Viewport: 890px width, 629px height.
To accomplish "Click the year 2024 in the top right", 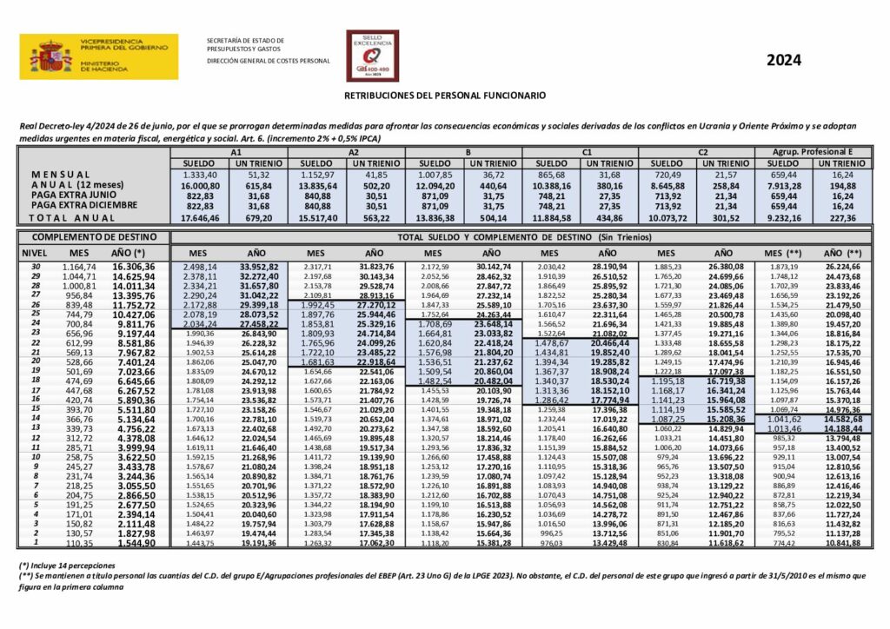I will [x=783, y=60].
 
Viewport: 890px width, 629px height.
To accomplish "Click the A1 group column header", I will [x=235, y=152].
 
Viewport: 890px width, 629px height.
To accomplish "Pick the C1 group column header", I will [x=587, y=152].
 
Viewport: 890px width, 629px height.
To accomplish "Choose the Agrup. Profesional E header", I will [x=814, y=152].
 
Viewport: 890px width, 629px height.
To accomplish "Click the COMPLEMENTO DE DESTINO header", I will [x=94, y=236].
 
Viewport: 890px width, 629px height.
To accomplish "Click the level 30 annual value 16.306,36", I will [x=135, y=267].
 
